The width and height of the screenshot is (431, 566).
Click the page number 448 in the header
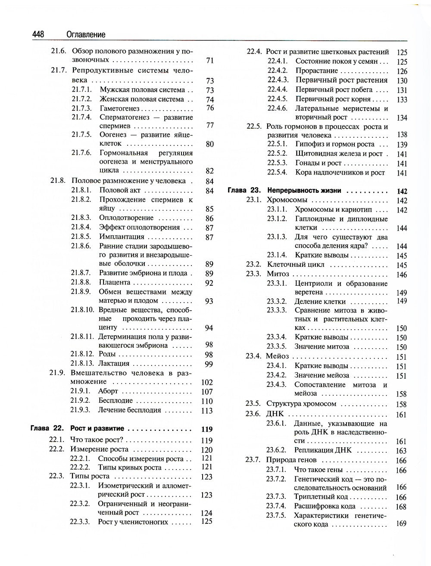point(40,34)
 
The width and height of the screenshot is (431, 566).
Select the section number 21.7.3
point(81,108)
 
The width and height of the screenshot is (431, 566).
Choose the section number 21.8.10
point(82,309)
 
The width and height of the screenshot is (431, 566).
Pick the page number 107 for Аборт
point(207,392)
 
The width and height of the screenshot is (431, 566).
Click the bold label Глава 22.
point(47,429)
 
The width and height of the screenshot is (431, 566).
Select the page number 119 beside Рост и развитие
point(207,429)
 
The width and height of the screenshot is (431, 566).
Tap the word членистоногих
point(143,522)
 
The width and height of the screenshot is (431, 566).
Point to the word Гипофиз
point(310,144)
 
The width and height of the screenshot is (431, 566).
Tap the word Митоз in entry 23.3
point(278,274)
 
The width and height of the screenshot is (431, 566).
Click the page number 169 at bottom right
point(401,524)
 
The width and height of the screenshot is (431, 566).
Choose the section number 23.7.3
point(276,497)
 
